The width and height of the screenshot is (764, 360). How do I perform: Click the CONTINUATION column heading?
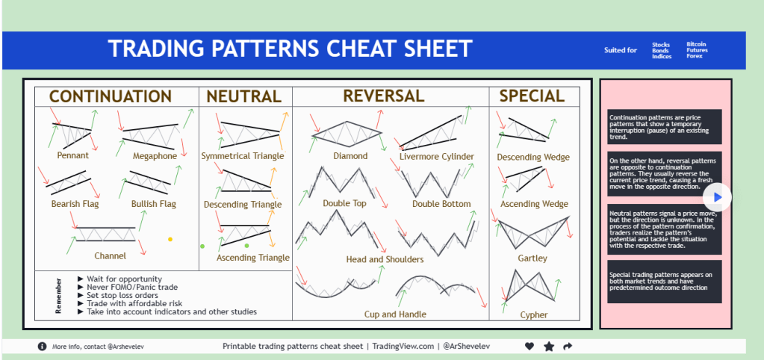(x=111, y=96)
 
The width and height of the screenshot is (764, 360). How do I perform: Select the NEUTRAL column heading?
(x=244, y=96)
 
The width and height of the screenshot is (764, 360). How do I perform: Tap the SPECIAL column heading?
(x=532, y=96)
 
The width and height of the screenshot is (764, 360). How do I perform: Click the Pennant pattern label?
(x=73, y=155)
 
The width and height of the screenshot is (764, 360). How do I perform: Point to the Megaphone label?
(x=155, y=156)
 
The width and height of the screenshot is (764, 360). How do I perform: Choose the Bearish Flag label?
(x=75, y=204)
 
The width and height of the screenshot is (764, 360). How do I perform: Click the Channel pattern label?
(x=110, y=255)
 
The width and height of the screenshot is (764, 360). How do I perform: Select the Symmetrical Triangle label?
(x=243, y=156)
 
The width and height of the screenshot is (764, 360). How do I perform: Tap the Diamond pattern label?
(x=350, y=156)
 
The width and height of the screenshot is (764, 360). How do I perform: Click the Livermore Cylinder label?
(x=437, y=157)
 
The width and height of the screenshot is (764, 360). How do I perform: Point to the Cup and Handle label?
(x=395, y=314)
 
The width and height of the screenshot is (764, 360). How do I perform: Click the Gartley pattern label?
(x=532, y=258)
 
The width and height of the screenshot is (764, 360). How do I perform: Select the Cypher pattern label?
(x=534, y=315)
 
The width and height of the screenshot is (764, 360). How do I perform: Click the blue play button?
(x=717, y=197)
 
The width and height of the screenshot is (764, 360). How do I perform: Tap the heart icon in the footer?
(x=529, y=347)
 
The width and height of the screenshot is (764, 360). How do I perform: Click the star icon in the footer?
(x=549, y=347)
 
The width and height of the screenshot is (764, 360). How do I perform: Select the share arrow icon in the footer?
(x=568, y=347)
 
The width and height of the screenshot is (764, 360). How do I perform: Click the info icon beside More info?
(x=43, y=347)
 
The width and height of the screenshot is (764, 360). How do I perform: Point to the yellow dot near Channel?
(x=170, y=239)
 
